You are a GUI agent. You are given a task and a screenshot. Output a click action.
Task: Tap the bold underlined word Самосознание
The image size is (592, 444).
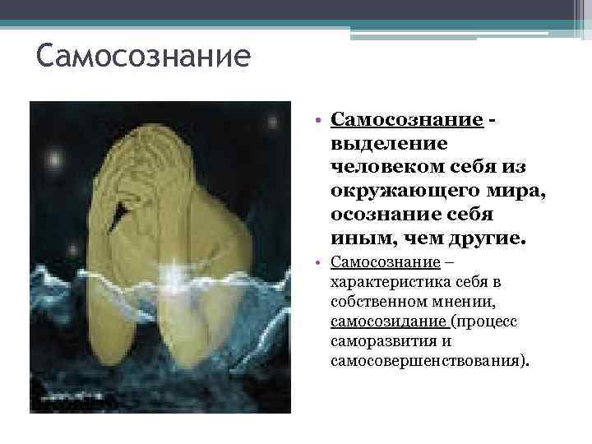click(x=407, y=121)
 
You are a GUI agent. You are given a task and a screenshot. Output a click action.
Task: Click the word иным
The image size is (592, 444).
click(x=355, y=238)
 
